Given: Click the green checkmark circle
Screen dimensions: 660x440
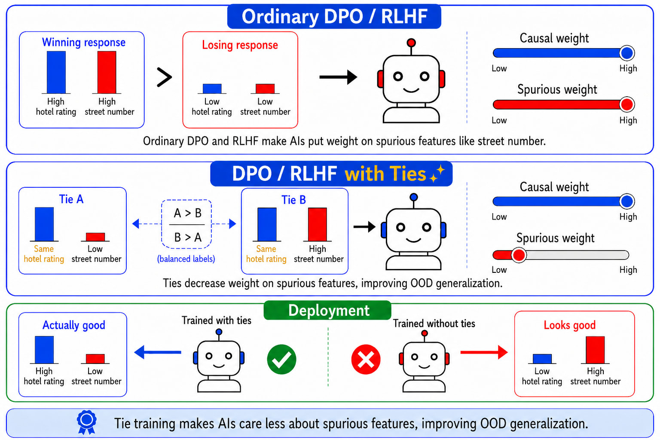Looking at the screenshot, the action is coord(281,359).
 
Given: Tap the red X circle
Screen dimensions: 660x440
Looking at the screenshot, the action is coord(366,359).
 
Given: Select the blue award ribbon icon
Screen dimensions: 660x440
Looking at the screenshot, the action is coord(86,422).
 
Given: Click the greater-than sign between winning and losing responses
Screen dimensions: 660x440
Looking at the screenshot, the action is coord(164,77).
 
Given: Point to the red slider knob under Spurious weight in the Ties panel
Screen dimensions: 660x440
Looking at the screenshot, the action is coord(519,255).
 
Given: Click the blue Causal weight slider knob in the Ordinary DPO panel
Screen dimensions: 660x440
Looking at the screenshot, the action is coord(627,53).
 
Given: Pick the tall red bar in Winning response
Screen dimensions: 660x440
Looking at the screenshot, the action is coord(107,72).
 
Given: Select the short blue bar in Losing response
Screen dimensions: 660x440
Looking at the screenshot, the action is coord(212,89).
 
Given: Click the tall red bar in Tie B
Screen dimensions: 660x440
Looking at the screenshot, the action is coord(318,225).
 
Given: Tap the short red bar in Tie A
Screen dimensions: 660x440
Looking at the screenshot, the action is coord(95,237).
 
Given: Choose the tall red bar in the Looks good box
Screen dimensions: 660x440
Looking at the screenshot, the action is coord(595,350).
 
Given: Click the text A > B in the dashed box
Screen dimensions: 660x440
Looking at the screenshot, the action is coord(188,213).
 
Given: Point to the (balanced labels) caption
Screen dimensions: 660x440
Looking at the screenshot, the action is coord(186,259).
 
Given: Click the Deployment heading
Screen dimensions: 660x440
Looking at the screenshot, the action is coord(329,311).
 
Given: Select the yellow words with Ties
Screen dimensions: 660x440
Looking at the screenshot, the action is coord(386,174).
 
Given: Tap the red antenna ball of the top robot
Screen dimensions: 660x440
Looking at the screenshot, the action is coord(411,43).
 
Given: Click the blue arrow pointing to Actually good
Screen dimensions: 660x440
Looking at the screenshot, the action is coord(158,352).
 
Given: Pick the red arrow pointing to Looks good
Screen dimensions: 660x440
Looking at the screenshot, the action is coord(484,352).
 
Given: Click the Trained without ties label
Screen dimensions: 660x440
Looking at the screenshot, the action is coord(434,324).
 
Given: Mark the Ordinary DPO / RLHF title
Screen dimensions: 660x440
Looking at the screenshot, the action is coord(334,16).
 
